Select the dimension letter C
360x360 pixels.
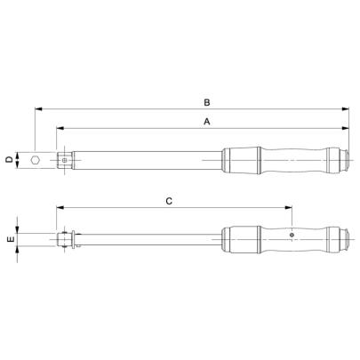169,202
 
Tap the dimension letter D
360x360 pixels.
9,160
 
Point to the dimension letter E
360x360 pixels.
9,240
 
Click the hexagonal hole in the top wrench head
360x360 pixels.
36,160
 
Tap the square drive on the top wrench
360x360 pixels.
65,160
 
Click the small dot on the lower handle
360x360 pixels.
292,236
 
